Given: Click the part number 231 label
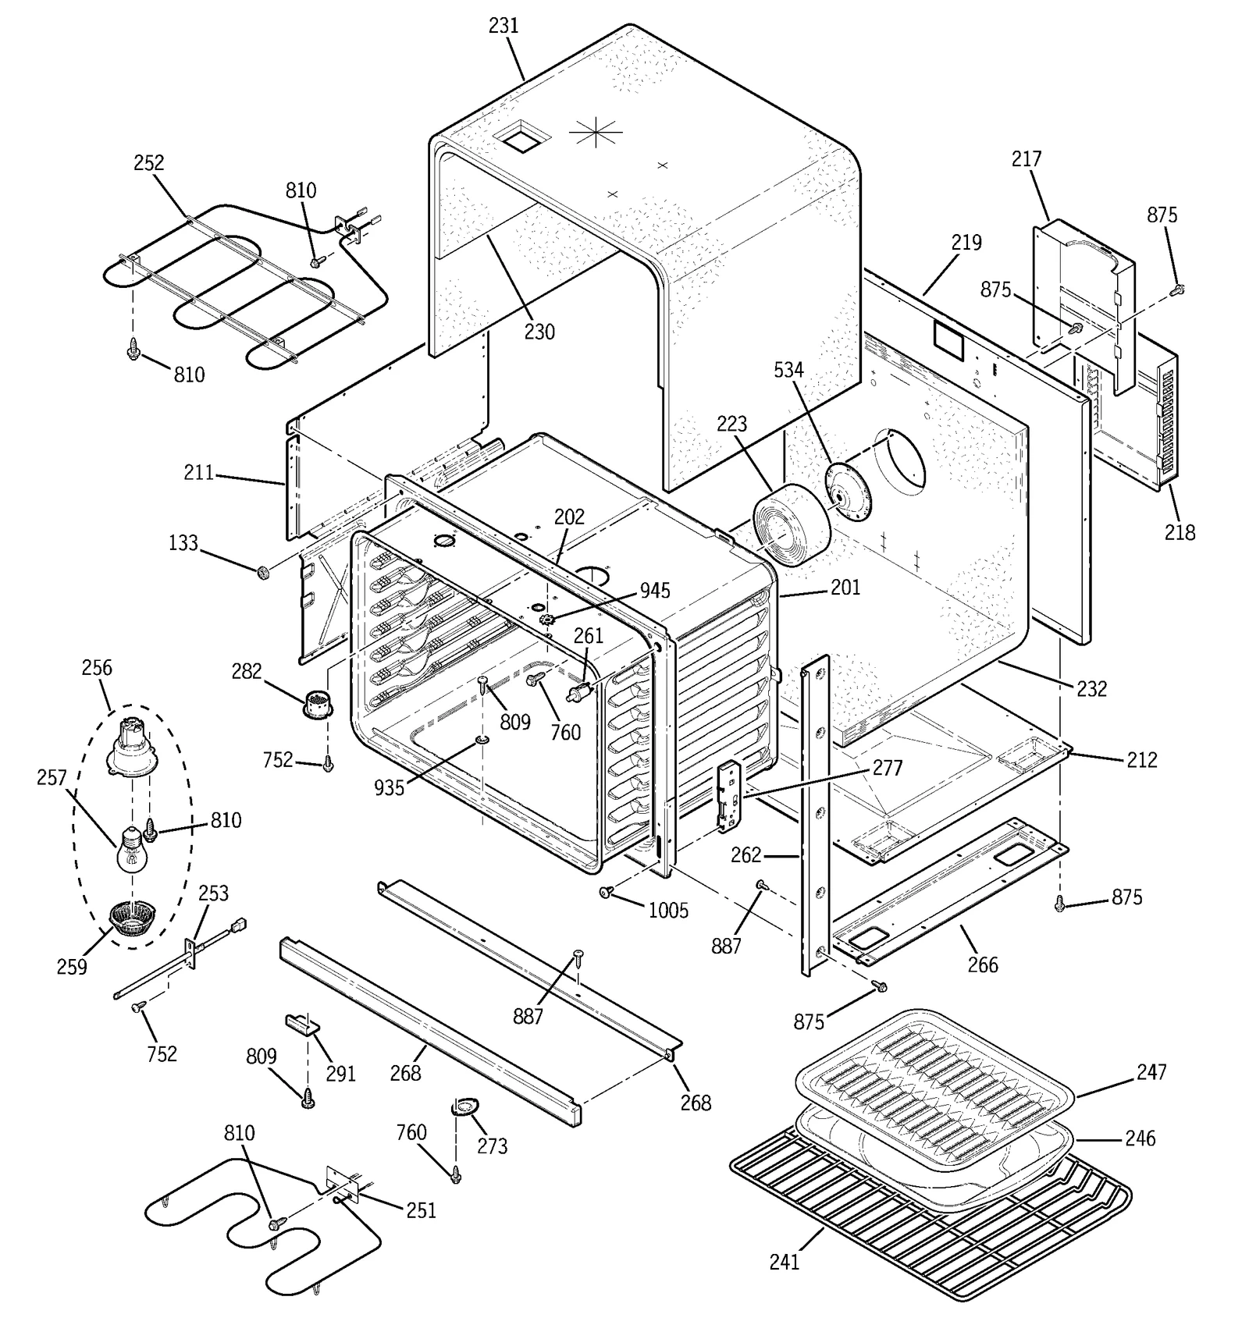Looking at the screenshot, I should (x=504, y=26).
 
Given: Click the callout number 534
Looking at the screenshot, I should (x=788, y=370).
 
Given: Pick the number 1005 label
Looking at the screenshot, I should (x=668, y=910).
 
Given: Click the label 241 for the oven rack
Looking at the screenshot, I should (x=784, y=1262).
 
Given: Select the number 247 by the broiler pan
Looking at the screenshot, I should (x=1151, y=1072).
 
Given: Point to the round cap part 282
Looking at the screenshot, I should (x=317, y=704).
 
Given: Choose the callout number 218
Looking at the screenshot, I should (x=1180, y=532).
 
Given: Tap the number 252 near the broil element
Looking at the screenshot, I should (x=148, y=163).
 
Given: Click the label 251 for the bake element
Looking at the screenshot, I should (x=421, y=1210).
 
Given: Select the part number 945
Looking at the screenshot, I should (x=654, y=591).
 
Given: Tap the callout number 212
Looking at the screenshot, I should (x=1141, y=759).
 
